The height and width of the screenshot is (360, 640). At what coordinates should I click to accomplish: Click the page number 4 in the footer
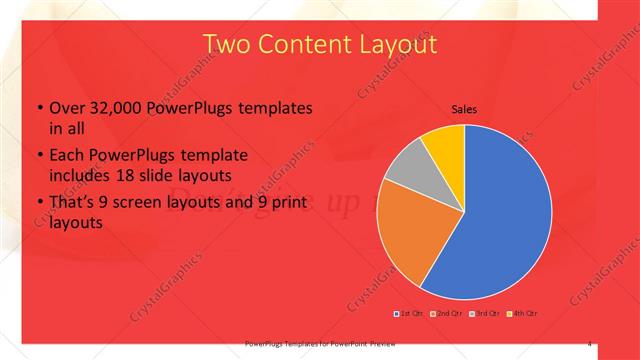(590, 344)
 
